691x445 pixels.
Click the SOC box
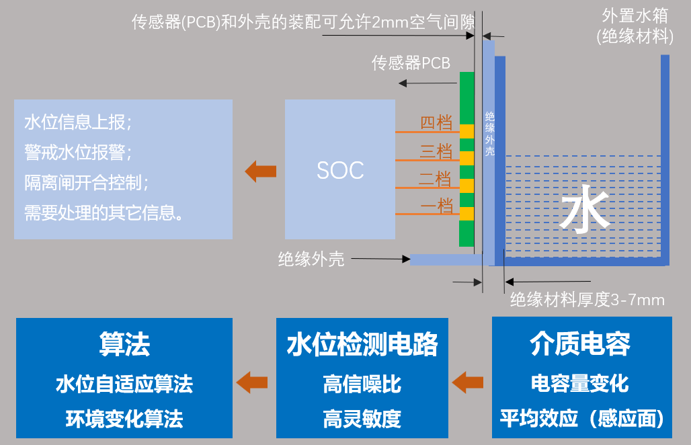[339, 169]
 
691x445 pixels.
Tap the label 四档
[436, 123]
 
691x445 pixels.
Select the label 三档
[436, 151]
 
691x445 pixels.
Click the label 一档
[436, 206]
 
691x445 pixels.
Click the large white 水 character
[585, 214]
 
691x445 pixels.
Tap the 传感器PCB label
[411, 63]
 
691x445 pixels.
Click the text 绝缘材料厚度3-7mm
[587, 300]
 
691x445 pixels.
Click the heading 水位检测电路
[362, 344]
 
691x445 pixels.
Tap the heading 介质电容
[581, 344]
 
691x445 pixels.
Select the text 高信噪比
[362, 384]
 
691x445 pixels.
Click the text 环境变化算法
[124, 419]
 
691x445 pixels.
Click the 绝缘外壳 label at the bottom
[311, 259]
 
